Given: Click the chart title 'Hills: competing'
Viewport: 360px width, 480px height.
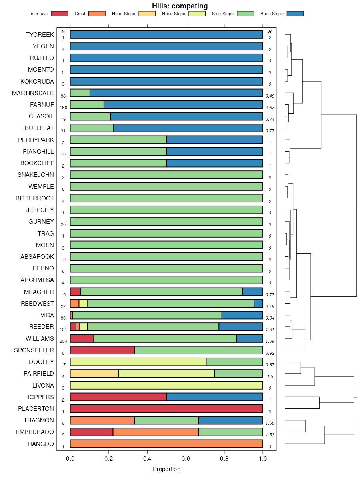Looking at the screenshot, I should [180, 6].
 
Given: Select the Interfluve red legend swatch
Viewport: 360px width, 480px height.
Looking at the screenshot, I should [59, 14].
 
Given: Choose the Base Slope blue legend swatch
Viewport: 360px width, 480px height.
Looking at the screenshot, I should [295, 14].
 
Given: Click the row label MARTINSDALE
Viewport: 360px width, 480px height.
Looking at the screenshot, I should [33, 93].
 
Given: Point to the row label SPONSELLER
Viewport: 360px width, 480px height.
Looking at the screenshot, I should [34, 350].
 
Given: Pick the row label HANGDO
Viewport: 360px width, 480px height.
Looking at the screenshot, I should [40, 444].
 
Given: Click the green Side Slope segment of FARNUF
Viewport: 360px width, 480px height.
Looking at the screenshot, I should [87, 105].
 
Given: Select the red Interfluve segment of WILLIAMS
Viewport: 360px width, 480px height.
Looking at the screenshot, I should [82, 338].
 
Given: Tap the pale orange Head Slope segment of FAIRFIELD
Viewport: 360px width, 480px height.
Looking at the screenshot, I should [94, 374].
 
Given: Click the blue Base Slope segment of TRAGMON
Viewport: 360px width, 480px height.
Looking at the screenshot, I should [230, 420].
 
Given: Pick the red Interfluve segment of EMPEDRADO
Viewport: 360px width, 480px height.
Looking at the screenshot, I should [91, 432].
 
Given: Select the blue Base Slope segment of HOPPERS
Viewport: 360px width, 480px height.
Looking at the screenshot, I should [214, 397].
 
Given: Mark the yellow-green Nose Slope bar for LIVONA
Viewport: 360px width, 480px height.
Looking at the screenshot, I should [166, 385].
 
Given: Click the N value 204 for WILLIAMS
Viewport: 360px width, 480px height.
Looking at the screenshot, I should [63, 341].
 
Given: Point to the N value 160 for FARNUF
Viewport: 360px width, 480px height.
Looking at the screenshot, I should [63, 108].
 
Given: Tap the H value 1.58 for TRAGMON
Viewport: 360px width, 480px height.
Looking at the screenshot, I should [270, 423].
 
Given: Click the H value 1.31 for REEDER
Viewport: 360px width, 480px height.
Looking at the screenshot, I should [270, 330].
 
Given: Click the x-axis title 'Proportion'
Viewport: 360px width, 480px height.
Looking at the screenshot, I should [166, 469].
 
